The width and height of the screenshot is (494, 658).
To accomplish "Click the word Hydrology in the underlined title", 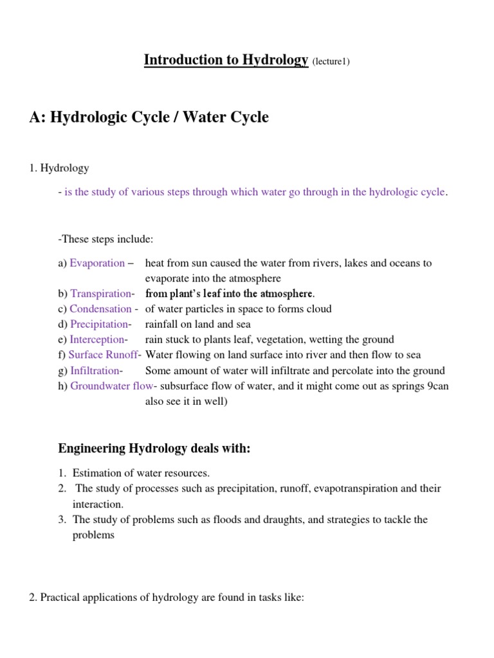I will coord(275,60).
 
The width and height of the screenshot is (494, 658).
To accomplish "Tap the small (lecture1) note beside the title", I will coord(331,62).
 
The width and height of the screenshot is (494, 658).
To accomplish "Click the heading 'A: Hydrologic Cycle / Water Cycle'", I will coord(149,118).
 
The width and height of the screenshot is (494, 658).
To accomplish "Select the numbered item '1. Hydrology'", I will coord(59,168).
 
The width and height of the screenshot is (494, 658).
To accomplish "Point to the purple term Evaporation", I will coord(97,263).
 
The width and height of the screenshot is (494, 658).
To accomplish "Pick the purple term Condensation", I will coord(102,309).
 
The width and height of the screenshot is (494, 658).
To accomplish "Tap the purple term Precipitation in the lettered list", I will coord(100,325).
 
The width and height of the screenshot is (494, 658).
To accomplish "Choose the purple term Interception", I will coord(98,340).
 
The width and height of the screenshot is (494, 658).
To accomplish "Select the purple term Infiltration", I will coord(95,371).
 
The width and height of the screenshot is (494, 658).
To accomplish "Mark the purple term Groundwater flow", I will coord(112,386).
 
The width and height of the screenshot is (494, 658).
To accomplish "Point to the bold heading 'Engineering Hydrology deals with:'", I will coord(154,449).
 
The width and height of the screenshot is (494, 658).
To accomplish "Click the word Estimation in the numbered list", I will coord(96,473).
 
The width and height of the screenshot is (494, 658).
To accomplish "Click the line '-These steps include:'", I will coord(105,239).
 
